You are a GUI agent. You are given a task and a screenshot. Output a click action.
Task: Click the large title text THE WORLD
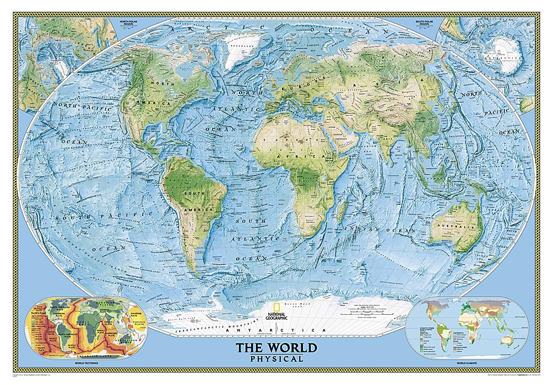[277, 349]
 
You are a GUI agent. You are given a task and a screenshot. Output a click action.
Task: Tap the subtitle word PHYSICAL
[277, 359]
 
